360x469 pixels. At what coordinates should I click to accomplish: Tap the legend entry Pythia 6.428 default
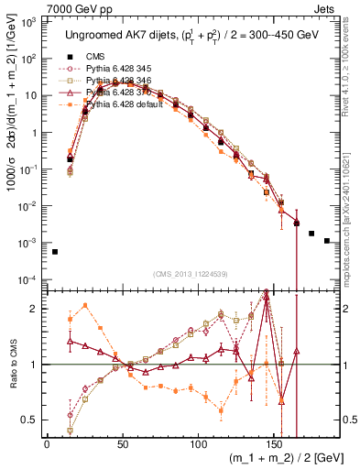[x=129, y=104]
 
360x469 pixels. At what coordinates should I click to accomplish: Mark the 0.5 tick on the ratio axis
[x=32, y=420]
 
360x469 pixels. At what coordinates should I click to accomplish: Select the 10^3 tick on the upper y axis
[x=30, y=22]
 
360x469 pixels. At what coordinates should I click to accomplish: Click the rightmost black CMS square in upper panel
[x=327, y=241]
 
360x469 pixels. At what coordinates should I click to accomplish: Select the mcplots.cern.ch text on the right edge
[x=352, y=211]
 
